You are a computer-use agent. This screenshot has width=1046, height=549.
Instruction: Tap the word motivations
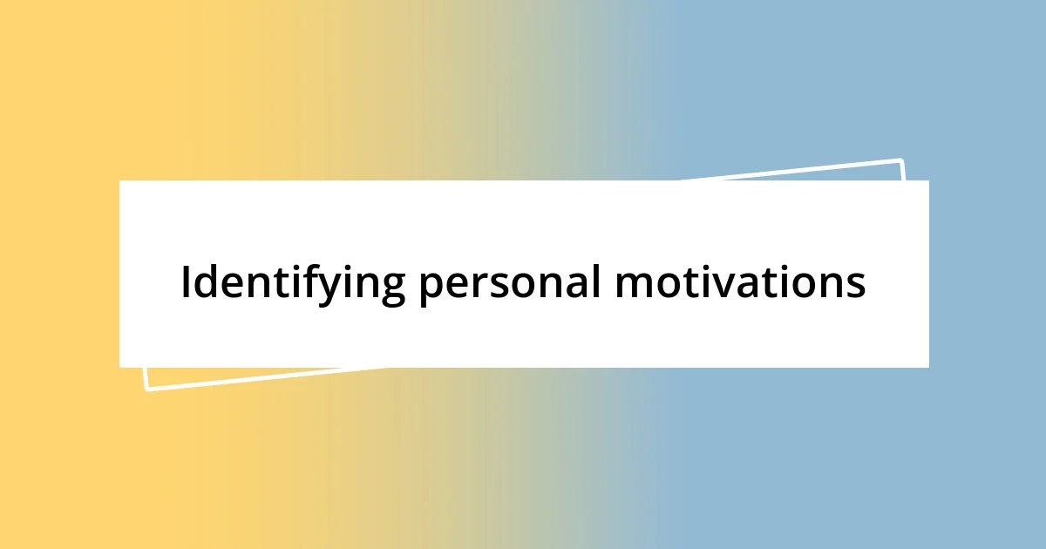tap(739, 282)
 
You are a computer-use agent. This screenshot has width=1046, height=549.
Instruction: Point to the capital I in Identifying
tap(186, 281)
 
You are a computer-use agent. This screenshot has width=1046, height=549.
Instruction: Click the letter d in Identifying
tap(206, 281)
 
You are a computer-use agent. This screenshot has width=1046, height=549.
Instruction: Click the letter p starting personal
tap(430, 288)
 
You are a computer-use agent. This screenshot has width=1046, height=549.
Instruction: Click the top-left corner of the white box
tap(119, 180)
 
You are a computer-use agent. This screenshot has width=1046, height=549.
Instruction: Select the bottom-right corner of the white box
tap(928, 367)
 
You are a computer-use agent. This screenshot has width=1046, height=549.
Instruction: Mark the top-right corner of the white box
tap(928, 180)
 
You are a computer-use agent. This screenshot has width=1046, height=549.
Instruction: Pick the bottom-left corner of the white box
tap(119, 367)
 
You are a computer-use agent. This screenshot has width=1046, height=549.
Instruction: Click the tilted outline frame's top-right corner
tap(900, 160)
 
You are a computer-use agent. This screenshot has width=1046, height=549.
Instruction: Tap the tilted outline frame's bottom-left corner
tap(147, 389)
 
